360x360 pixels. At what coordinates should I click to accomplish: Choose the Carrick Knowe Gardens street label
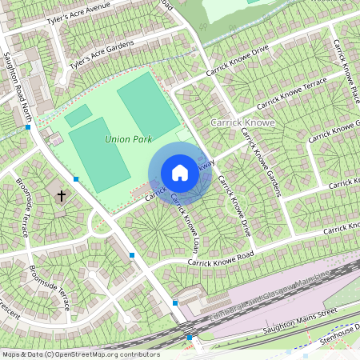tap(262, 160)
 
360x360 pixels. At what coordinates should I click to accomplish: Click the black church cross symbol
tap(62, 194)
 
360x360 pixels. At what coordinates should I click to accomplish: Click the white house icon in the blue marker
tap(180, 173)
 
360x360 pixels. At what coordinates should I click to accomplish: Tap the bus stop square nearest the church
tap(76, 179)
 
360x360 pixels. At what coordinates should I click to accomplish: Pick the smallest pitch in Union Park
tap(78, 116)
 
